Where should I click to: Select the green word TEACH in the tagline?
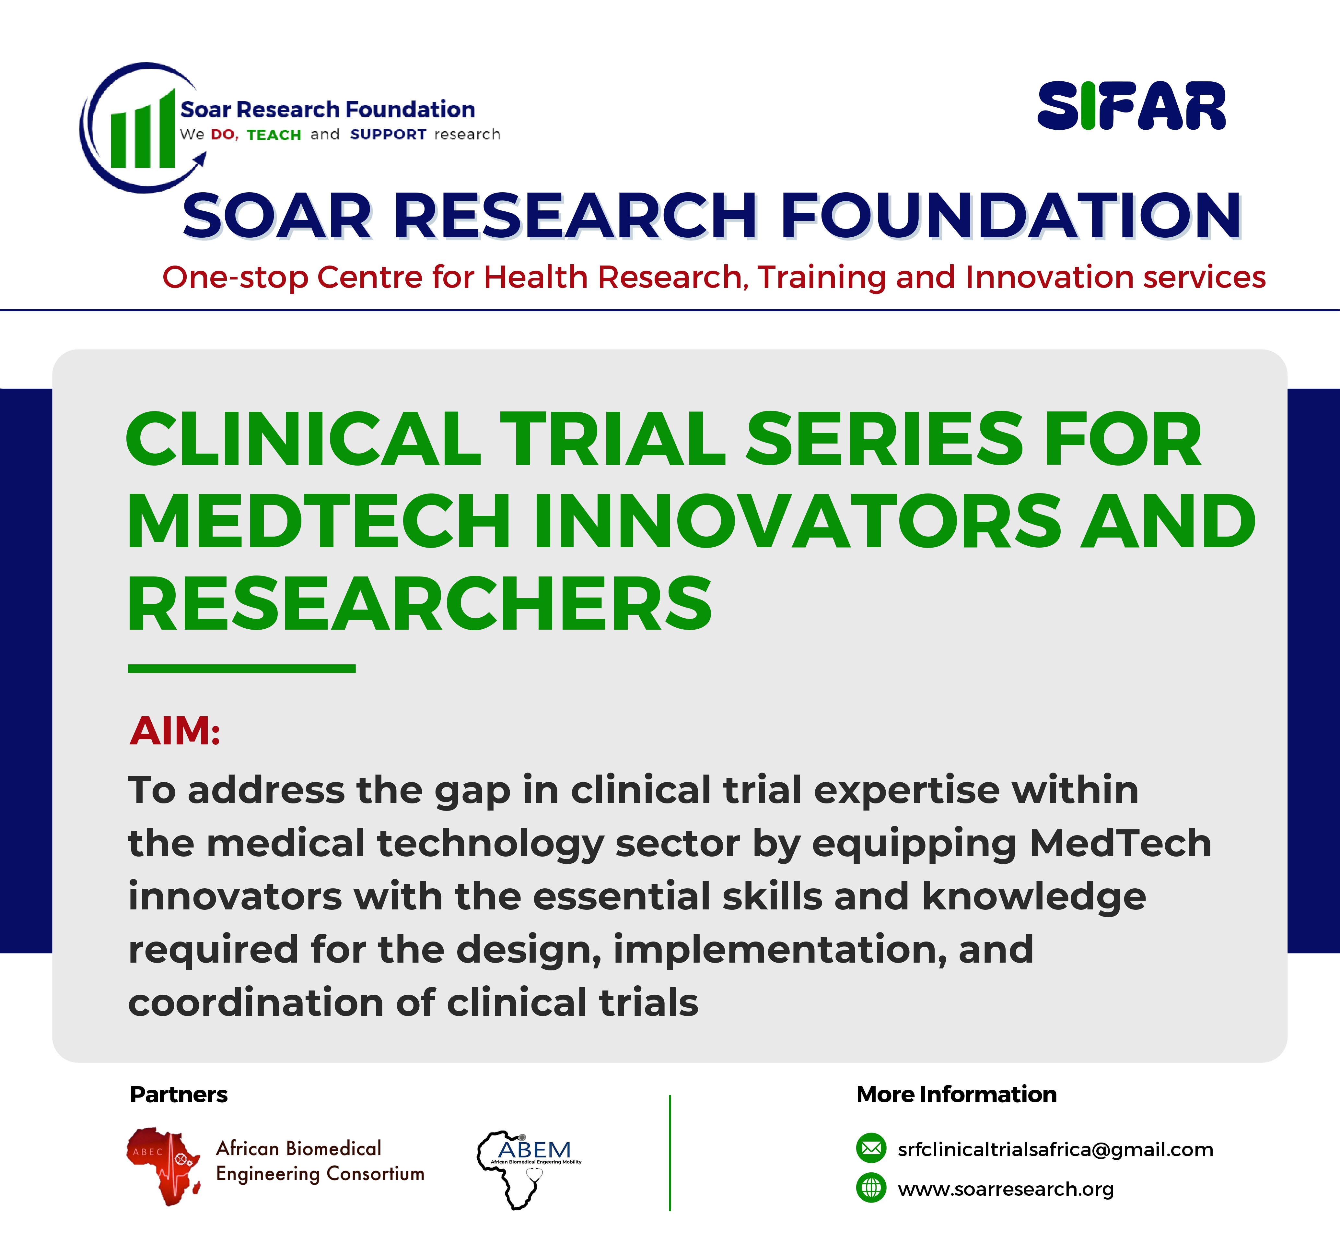[274, 135]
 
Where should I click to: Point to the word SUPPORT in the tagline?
[389, 135]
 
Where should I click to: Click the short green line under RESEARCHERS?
[242, 668]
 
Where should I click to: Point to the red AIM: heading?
[175, 731]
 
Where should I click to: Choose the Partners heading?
[179, 1094]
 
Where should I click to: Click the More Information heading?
[956, 1094]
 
